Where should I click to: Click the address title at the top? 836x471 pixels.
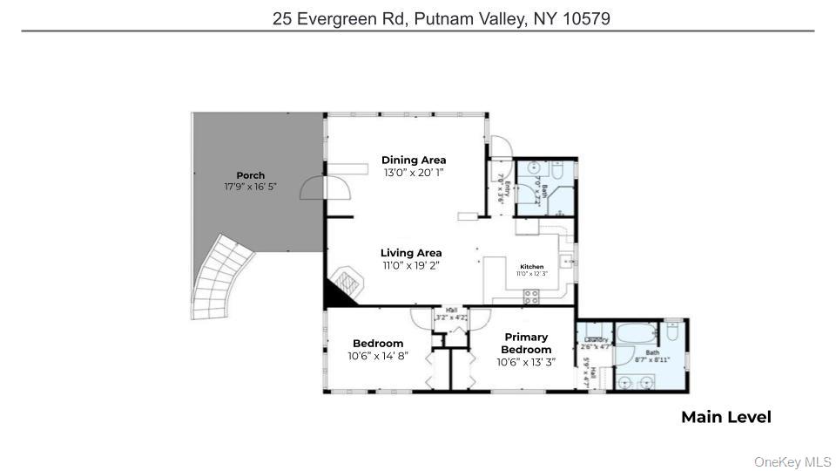pos(441,18)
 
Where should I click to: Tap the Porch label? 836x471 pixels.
pos(250,175)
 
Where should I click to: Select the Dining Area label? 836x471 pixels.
pos(414,160)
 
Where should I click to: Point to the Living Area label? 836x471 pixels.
pos(411,253)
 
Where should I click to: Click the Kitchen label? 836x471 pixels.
pos(532,267)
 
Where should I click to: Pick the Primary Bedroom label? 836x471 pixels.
pos(526,343)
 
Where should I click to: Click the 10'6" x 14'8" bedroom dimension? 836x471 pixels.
pos(378,356)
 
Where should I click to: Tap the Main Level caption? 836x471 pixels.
pos(725,418)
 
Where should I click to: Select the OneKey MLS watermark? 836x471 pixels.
pos(792,461)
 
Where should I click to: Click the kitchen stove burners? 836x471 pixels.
pos(531,297)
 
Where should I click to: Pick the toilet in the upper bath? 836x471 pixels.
pos(560,169)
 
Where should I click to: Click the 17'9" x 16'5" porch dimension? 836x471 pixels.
pos(250,187)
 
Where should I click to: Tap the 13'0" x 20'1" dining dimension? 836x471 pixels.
pos(414,173)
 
